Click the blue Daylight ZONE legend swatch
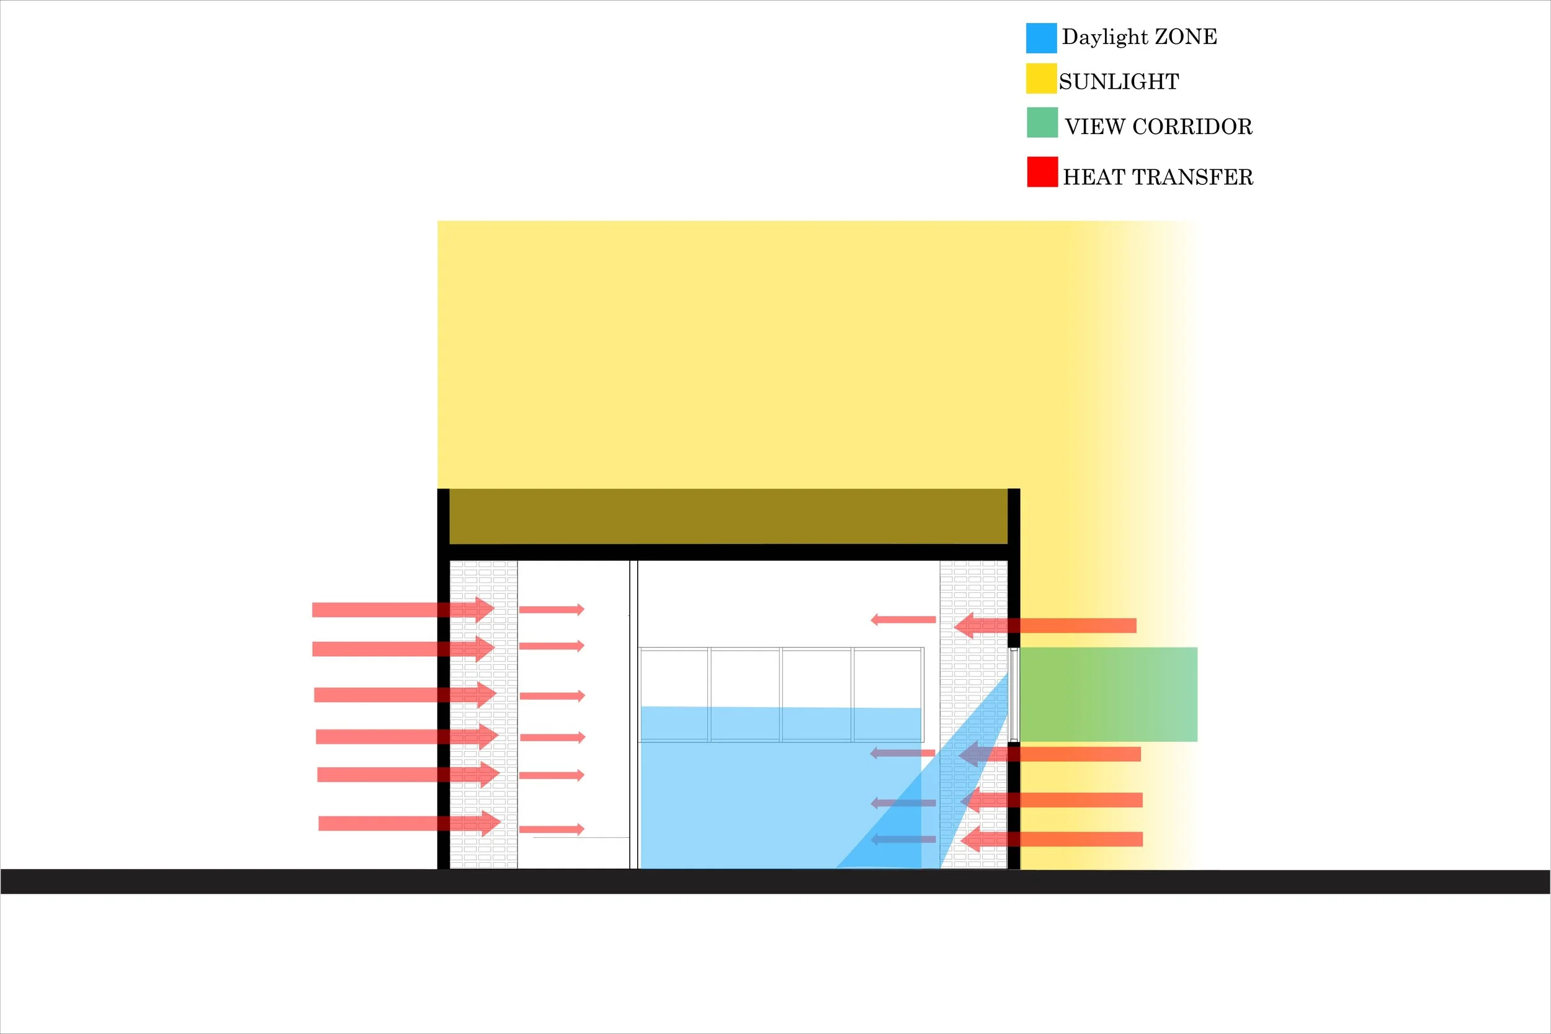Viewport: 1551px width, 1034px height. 1041,38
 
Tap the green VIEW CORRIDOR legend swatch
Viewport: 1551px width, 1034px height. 1042,123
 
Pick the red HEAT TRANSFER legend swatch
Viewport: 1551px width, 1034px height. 1042,171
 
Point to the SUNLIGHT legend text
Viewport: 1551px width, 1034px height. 1119,82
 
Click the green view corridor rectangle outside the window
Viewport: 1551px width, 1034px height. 1108,694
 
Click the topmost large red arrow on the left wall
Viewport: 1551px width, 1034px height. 402,609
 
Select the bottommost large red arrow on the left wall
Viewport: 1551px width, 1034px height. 409,823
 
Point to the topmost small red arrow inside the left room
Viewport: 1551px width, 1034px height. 552,609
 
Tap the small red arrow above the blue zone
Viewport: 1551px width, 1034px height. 903,619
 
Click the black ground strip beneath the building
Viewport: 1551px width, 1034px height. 775,881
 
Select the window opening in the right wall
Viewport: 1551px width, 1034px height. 1014,694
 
